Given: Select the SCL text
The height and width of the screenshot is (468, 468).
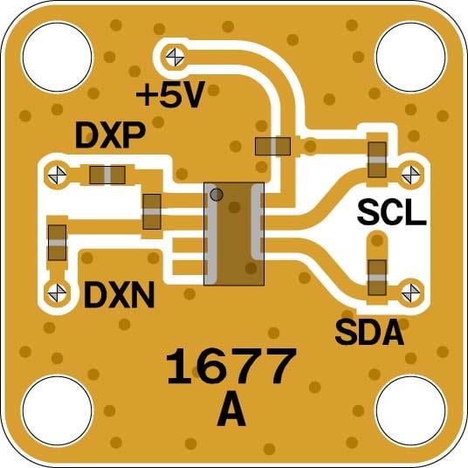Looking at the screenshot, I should click(x=392, y=211).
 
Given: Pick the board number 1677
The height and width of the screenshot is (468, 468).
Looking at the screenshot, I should click(x=231, y=367).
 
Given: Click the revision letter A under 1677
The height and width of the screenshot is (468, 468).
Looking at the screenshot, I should click(x=231, y=409).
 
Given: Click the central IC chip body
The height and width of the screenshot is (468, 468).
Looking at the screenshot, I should click(x=234, y=233).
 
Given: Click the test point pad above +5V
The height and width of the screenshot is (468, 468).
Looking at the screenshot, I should click(x=174, y=58).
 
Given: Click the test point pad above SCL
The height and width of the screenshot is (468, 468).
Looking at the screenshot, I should click(x=409, y=174).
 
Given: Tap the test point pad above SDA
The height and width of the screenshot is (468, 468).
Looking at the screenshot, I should click(x=409, y=289).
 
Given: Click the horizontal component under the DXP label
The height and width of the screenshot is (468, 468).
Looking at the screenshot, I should click(x=107, y=175).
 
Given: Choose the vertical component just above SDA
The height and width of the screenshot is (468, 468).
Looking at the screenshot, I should click(x=377, y=278).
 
